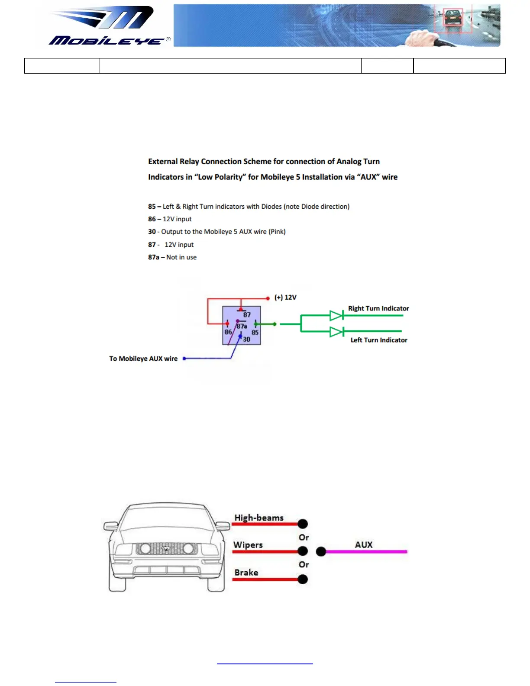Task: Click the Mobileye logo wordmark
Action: (x=107, y=41)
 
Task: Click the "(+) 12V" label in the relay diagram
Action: (x=285, y=298)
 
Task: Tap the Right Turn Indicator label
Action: (x=378, y=308)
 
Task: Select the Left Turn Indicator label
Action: (x=379, y=340)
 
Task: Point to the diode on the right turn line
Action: (x=336, y=315)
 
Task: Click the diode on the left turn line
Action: (x=336, y=332)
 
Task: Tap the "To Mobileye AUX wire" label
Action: (x=143, y=359)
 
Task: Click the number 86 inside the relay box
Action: (x=228, y=332)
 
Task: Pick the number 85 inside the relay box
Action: (x=255, y=333)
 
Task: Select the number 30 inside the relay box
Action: (x=246, y=340)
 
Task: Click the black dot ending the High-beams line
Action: (x=303, y=524)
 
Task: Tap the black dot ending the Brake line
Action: (x=303, y=579)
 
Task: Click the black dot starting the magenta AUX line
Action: (x=321, y=551)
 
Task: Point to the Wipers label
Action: (x=248, y=545)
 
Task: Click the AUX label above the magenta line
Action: (x=364, y=545)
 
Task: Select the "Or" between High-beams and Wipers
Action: (x=304, y=537)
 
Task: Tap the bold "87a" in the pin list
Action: (x=154, y=257)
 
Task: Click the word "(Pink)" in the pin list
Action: (x=277, y=232)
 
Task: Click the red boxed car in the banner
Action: (x=453, y=18)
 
